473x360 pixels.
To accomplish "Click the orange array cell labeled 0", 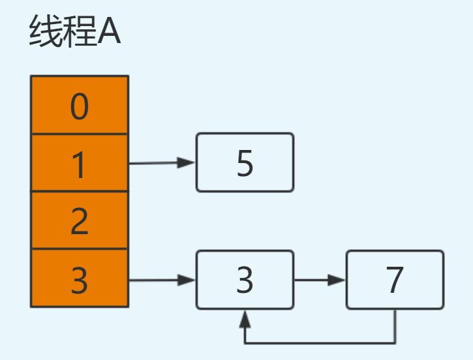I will [x=80, y=105].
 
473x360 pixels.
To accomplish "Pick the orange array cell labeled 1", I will [x=80, y=162].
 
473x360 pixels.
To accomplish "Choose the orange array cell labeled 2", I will [x=80, y=220].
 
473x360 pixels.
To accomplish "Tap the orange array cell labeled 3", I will [x=80, y=278].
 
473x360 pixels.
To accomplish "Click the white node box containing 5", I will [x=245, y=162].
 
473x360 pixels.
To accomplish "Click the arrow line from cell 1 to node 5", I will [x=157, y=163].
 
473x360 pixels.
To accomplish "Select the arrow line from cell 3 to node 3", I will [x=157, y=280].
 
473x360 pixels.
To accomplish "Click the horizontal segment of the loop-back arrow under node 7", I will [x=320, y=342].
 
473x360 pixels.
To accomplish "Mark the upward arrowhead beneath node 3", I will [x=245, y=318].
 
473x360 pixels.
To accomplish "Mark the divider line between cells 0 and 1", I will [x=80, y=134].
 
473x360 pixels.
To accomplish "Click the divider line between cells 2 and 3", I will [x=80, y=248].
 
